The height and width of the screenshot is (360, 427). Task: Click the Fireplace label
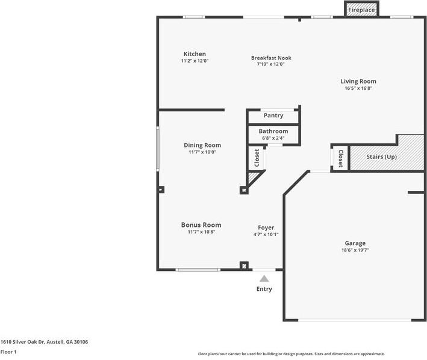coord(361,10)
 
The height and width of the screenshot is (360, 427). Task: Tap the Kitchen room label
coord(195,54)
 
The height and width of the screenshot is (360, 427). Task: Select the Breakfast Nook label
coord(271,58)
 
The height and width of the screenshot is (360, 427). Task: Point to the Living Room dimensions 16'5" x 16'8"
coord(358,88)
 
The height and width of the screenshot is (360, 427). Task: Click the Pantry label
coord(273,116)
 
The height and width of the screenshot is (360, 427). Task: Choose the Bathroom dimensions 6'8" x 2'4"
coord(273,138)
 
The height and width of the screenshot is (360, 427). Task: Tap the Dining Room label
coord(202,145)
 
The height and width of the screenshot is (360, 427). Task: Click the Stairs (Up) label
coord(381,157)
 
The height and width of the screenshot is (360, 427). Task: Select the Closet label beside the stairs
coord(340,158)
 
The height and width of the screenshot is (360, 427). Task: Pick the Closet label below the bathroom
coord(257,158)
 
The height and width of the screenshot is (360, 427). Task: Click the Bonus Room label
coord(201,225)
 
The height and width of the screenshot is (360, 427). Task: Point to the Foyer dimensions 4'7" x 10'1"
coord(266,234)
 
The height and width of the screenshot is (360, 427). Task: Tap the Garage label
coord(355,243)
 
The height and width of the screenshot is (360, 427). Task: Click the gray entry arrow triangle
coord(264,279)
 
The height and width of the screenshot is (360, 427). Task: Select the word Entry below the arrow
coord(264,289)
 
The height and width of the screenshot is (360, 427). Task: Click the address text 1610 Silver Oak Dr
coord(22,342)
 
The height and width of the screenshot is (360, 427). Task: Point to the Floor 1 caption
coord(8,352)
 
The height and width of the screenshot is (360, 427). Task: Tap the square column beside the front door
coord(244,265)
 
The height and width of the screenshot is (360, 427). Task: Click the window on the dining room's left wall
coord(158,149)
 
